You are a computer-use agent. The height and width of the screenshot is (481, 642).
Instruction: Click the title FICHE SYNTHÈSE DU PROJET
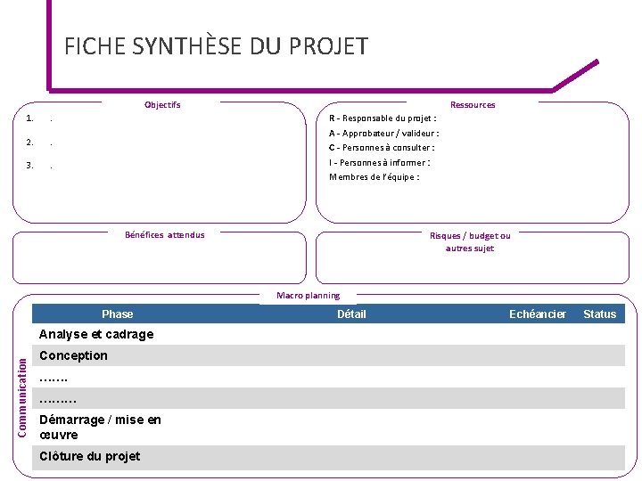(x=216, y=46)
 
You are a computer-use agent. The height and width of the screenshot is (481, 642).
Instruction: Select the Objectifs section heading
(x=162, y=104)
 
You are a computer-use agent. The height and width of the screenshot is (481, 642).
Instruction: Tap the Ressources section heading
(x=473, y=104)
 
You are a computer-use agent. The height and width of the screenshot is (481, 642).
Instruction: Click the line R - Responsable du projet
(x=383, y=118)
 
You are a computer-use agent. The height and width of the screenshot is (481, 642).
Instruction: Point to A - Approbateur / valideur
(x=383, y=133)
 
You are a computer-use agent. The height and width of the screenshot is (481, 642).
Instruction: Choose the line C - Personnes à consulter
(x=382, y=147)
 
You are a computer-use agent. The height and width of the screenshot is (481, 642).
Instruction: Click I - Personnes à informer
(x=380, y=162)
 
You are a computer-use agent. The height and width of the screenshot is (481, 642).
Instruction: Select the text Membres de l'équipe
(x=374, y=176)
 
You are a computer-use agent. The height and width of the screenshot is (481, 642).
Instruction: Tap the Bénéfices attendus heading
(x=165, y=235)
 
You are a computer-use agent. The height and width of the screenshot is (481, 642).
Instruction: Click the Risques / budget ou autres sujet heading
(x=470, y=241)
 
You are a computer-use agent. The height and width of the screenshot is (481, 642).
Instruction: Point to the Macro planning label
(x=308, y=295)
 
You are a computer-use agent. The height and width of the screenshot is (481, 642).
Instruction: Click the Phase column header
(x=118, y=314)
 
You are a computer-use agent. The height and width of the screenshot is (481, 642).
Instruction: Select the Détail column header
(x=351, y=314)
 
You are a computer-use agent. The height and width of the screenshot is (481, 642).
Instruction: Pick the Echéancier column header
(x=538, y=314)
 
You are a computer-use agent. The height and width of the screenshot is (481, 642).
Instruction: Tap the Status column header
(x=599, y=314)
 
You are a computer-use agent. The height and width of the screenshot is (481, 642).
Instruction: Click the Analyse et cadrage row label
(x=96, y=334)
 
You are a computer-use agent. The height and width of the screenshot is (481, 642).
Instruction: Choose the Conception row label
(x=74, y=355)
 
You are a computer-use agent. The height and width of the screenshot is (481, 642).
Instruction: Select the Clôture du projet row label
(x=90, y=456)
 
